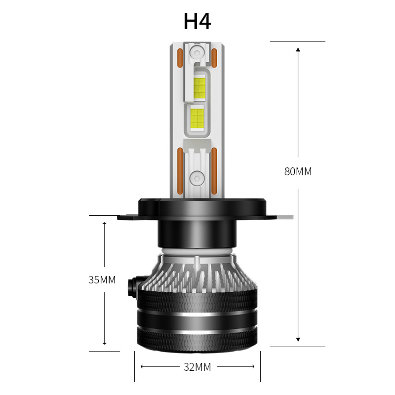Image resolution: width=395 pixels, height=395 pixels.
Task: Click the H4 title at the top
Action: pos(197,22)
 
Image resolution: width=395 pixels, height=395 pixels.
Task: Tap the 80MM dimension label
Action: pos(298,172)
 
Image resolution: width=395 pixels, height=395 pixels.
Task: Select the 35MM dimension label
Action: pos(102,280)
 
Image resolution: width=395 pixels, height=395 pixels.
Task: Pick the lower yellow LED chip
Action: pos(197,118)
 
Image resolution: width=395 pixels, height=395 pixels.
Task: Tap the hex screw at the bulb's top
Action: pos(197,52)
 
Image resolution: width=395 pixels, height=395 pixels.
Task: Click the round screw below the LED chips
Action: pos(197,177)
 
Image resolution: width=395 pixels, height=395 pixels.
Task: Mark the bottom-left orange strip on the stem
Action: pos(180,170)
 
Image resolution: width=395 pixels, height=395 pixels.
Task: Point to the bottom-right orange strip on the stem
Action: pos(215,170)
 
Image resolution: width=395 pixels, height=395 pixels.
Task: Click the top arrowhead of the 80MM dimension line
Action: pos(298,49)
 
